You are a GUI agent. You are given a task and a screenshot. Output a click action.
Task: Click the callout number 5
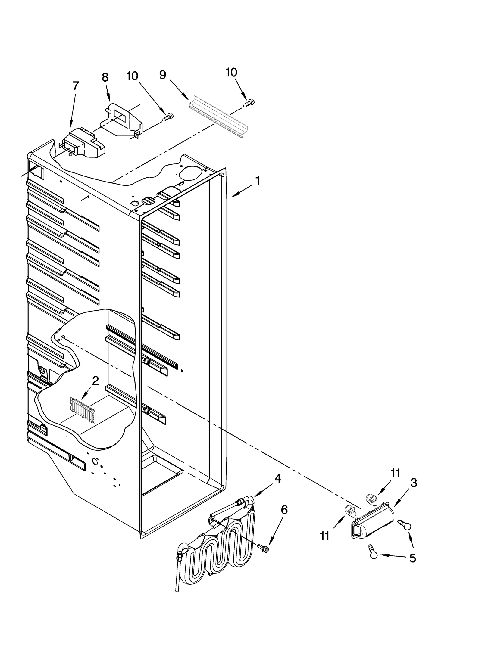coord(412,558)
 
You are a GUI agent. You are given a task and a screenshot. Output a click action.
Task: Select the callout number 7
coord(76,86)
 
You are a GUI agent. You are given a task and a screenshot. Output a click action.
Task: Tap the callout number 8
coord(105,77)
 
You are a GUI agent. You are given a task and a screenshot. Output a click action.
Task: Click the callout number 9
coord(163,75)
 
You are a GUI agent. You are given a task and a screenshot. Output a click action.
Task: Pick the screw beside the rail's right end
coord(249,103)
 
